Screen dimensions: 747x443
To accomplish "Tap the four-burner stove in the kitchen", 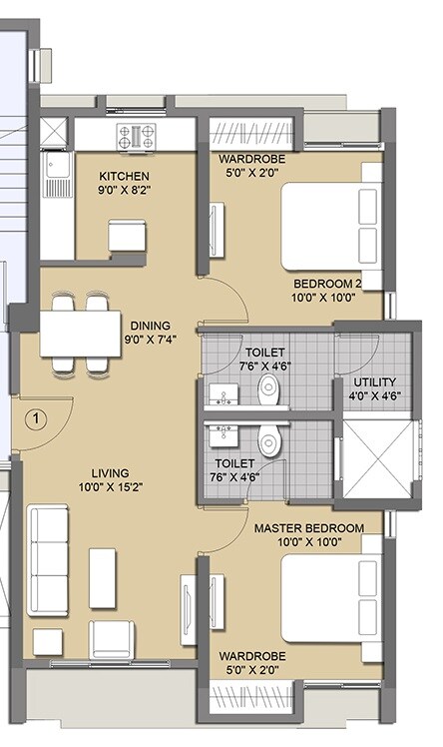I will pyautogui.click(x=135, y=135).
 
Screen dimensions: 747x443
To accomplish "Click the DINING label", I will pyautogui.click(x=151, y=326).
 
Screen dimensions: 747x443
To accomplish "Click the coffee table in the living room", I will pyautogui.click(x=103, y=576).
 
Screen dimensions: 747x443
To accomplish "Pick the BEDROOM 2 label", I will pyautogui.click(x=326, y=283).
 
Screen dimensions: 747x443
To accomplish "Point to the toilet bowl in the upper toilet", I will pyautogui.click(x=267, y=392).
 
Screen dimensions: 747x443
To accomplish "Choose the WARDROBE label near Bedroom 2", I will pyautogui.click(x=253, y=157).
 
